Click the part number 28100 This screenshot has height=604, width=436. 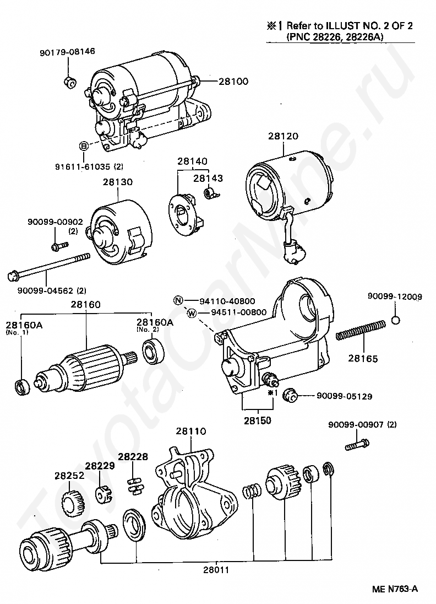point(233,81)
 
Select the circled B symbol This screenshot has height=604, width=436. point(84,146)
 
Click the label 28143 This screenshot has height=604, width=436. point(208,179)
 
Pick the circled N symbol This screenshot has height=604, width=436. point(178,301)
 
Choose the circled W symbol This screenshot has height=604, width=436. point(192,313)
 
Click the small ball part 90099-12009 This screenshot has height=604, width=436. point(396,321)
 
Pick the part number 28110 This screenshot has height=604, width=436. point(190,431)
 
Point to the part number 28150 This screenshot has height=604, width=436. point(257,420)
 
